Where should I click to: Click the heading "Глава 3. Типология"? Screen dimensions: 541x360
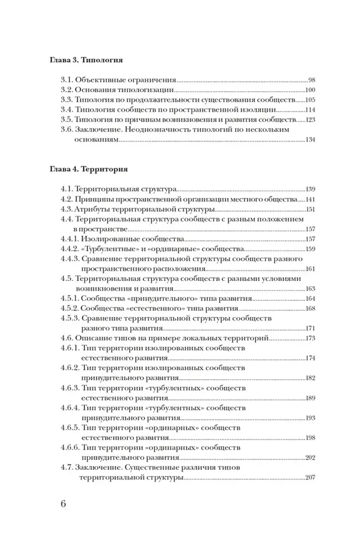click(86, 60)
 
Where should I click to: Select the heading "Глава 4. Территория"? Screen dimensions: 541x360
click(89, 169)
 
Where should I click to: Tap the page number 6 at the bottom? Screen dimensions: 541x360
click(63, 504)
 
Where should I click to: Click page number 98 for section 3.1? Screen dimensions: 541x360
click(311, 80)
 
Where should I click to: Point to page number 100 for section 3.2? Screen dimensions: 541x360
click(310, 90)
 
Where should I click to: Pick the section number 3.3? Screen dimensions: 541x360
click(67, 100)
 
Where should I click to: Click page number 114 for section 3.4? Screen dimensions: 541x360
click(310, 110)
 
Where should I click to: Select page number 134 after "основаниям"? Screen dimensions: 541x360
click(310, 139)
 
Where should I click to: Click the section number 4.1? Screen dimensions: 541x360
click(67, 189)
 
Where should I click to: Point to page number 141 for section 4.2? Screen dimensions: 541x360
click(310, 199)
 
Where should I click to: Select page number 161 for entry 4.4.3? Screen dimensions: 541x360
click(310, 269)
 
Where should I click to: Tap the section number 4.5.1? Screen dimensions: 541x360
click(70, 299)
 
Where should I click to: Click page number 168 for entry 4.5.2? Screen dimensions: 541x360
click(310, 308)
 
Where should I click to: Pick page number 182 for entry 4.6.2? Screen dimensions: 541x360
click(310, 378)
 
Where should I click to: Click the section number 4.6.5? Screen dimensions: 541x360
click(70, 428)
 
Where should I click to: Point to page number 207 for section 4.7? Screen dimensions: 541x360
click(310, 478)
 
